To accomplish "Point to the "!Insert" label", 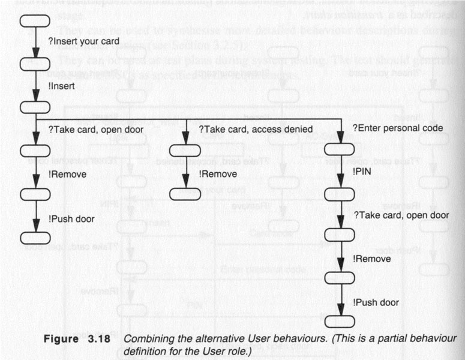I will [x=61, y=86].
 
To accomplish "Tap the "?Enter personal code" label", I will [x=397, y=128].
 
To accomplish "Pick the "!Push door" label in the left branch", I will [x=71, y=219].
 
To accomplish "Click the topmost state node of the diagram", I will [x=34, y=20].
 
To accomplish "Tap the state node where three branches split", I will [x=34, y=107].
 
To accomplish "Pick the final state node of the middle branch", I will [x=187, y=194].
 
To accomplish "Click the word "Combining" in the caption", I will [x=146, y=338].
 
